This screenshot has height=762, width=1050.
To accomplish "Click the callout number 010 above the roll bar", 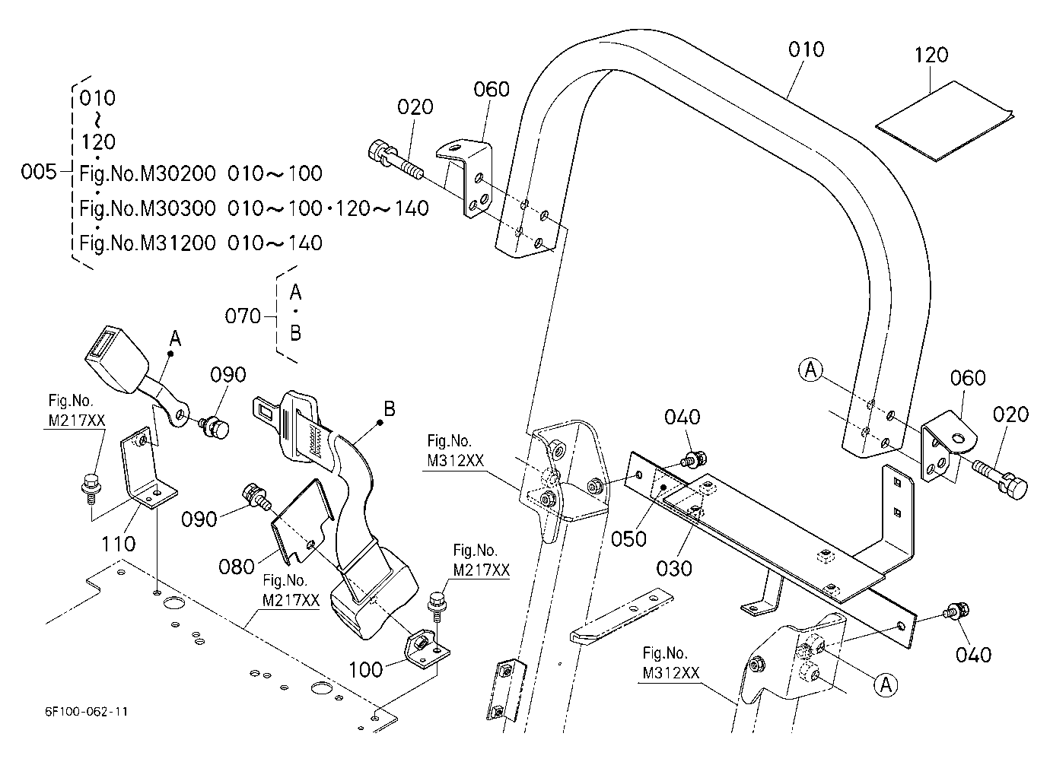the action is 806,49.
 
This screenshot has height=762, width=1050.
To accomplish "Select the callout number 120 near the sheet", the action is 931,56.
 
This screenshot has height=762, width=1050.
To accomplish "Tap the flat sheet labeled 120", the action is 944,120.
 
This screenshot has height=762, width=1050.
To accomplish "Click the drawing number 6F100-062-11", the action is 86,711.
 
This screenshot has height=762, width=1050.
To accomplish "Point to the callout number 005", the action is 39,172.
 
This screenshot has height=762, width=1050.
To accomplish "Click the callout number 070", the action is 243,316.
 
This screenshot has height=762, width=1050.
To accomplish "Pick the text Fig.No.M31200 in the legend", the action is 147,243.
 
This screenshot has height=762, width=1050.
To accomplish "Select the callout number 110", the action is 119,544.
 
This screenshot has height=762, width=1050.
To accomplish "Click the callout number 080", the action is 237,567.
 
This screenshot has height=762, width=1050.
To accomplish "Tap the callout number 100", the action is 366,669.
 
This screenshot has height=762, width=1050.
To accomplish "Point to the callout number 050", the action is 628,539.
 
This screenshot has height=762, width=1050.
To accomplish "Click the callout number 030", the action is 674,568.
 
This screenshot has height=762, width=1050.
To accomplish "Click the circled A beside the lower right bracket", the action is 886,685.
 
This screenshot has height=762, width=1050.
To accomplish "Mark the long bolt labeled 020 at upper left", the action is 396,160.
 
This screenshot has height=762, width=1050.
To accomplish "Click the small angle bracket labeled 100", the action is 425,649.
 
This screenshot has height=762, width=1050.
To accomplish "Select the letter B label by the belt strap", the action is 390,408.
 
